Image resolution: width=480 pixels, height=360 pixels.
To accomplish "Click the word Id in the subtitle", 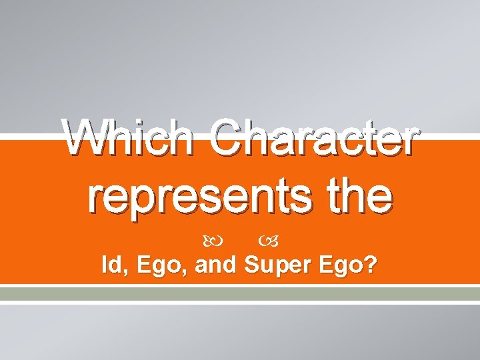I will [x=110, y=265].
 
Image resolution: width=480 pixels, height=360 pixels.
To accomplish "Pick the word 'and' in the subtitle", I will [x=217, y=265].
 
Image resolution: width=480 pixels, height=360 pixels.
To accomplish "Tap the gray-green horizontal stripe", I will [x=240, y=293].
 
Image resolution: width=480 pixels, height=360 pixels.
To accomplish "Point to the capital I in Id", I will [x=104, y=265].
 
